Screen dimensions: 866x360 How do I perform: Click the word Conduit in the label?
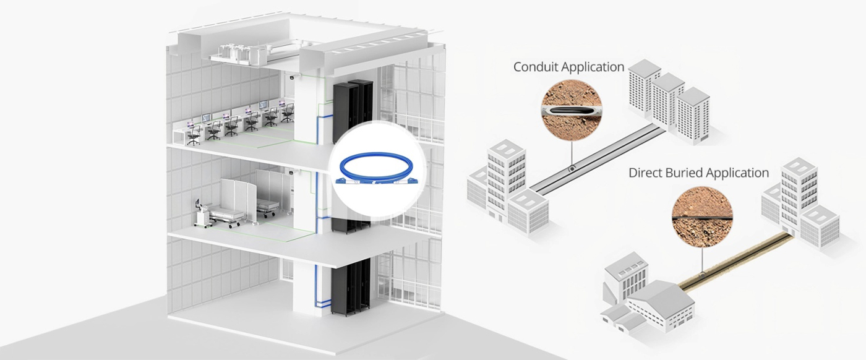point(536,67)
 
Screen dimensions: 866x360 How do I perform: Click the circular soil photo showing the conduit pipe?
point(572,109)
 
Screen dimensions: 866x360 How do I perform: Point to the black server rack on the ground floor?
point(350,286)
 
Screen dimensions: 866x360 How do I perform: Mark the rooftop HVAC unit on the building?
point(236,54)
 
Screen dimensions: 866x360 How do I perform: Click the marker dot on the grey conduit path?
point(572,169)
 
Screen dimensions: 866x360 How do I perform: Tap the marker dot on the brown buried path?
point(701,275)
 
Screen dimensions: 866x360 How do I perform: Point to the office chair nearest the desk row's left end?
point(194,135)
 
